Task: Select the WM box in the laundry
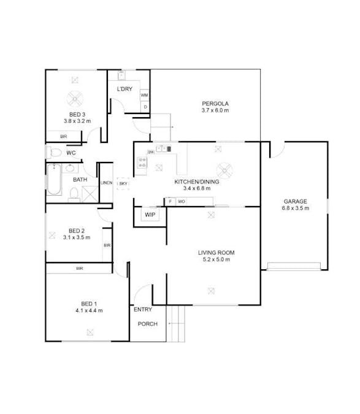[144, 96]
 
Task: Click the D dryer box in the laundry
[145, 107]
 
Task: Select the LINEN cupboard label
[106, 183]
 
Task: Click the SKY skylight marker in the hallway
[123, 183]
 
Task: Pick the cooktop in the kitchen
[142, 163]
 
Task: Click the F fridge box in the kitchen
[170, 201]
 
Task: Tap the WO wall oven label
[182, 201]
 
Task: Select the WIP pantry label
[149, 215]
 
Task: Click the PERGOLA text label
[215, 103]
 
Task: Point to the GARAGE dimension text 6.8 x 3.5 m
[295, 209]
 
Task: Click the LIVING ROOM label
[216, 253]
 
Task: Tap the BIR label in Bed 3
[63, 136]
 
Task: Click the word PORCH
[147, 324]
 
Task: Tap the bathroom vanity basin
[70, 167]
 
